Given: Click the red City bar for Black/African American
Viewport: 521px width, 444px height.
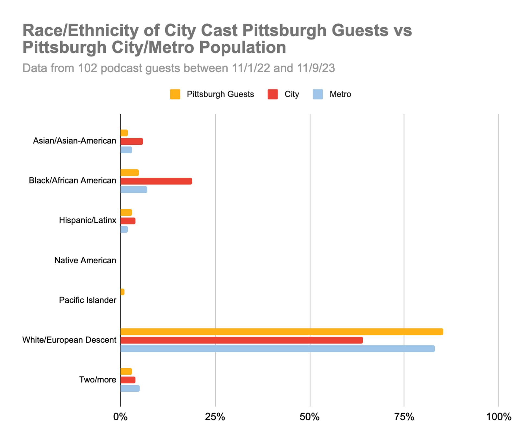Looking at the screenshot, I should pyautogui.click(x=156, y=181).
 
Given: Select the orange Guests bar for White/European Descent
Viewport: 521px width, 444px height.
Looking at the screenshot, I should pyautogui.click(x=282, y=332).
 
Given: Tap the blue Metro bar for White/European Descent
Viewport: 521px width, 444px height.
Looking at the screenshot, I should pyautogui.click(x=277, y=348).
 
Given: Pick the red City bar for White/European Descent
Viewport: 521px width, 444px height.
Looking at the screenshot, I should pyautogui.click(x=242, y=340).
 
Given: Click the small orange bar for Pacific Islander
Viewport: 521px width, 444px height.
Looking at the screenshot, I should pyautogui.click(x=122, y=292).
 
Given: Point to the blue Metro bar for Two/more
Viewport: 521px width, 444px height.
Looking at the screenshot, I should pyautogui.click(x=130, y=388).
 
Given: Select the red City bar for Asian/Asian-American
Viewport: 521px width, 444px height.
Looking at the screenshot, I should pyautogui.click(x=132, y=141).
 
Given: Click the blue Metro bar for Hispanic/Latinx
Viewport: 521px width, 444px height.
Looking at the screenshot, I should pyautogui.click(x=124, y=229).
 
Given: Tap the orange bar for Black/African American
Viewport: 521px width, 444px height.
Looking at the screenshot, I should pyautogui.click(x=129, y=173).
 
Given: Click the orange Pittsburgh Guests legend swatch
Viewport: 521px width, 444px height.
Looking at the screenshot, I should pyautogui.click(x=175, y=94).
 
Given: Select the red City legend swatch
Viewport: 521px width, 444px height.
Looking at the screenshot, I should pyautogui.click(x=272, y=94).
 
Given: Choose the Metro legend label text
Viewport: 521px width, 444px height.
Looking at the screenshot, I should pyautogui.click(x=340, y=94).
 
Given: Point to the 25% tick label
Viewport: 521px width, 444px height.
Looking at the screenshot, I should pyautogui.click(x=215, y=417).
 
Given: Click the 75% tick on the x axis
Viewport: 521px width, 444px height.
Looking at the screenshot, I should pyautogui.click(x=404, y=417).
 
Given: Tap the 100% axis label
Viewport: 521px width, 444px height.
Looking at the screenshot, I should pyautogui.click(x=498, y=417).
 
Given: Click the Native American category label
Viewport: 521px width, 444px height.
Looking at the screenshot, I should pyautogui.click(x=85, y=260).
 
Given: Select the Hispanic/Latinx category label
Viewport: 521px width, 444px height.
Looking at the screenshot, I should pyautogui.click(x=87, y=220).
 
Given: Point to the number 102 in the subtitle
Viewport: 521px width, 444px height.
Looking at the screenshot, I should pyautogui.click(x=87, y=68).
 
